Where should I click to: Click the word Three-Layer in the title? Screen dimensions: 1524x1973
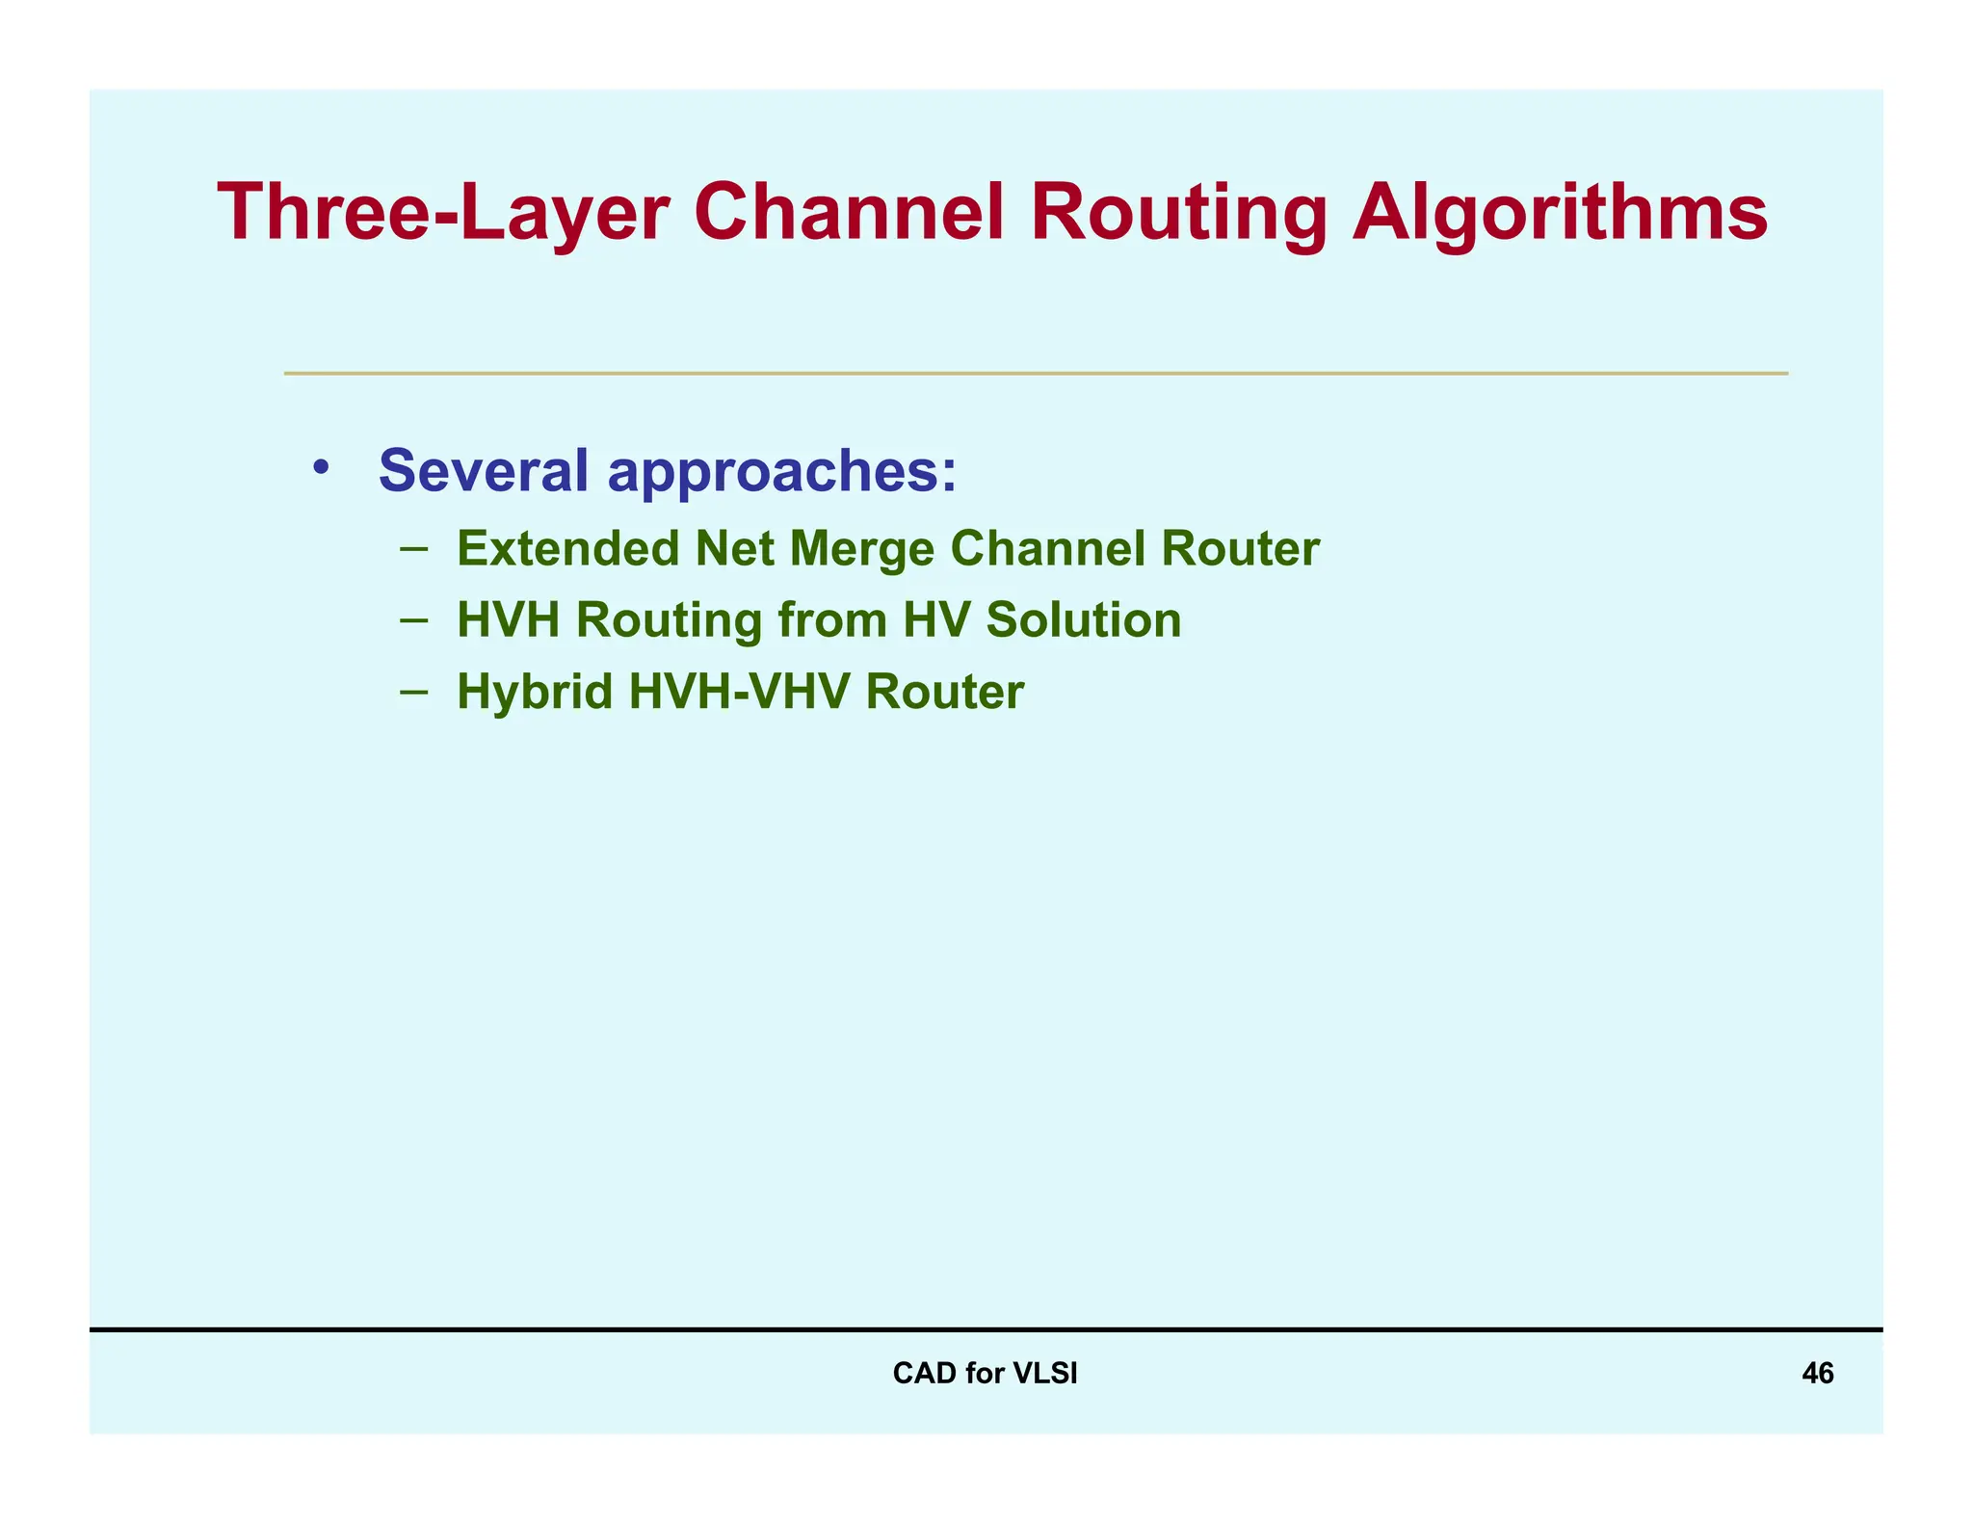(443, 213)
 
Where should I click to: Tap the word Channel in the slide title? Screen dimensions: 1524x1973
(849, 213)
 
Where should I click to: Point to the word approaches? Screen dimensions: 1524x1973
(782, 473)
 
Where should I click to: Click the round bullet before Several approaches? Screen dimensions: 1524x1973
(321, 469)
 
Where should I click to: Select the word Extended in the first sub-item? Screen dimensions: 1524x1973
(567, 549)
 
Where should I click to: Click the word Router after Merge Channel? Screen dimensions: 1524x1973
(1240, 549)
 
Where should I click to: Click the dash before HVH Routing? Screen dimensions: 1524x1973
(413, 619)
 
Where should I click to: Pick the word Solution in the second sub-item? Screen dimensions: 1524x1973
(1083, 619)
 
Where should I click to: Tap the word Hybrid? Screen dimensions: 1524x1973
(535, 693)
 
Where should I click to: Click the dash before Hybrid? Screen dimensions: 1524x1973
(413, 691)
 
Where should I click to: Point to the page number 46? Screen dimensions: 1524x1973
(1817, 1373)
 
